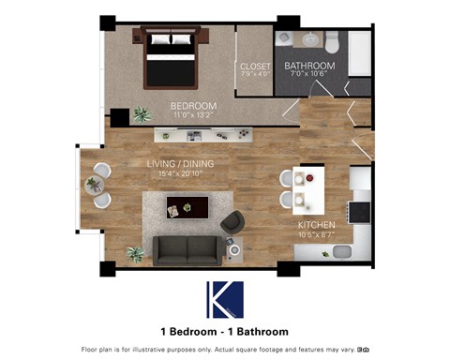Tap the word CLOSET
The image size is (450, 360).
(x=255, y=67)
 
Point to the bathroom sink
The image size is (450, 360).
(x=308, y=40)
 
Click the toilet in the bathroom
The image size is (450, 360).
(x=331, y=40)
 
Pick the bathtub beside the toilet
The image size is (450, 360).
(x=360, y=53)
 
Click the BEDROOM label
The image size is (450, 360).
(x=193, y=106)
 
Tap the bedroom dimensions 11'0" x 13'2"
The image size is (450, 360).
(x=193, y=115)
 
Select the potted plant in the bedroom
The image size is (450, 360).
(x=142, y=114)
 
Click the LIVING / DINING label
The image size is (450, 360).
(x=181, y=164)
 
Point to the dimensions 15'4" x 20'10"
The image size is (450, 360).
(x=181, y=173)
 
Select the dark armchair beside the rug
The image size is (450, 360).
(x=232, y=222)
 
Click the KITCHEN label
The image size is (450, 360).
(x=317, y=226)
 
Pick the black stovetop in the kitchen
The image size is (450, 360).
(x=361, y=210)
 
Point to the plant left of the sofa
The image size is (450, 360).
(x=136, y=253)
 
